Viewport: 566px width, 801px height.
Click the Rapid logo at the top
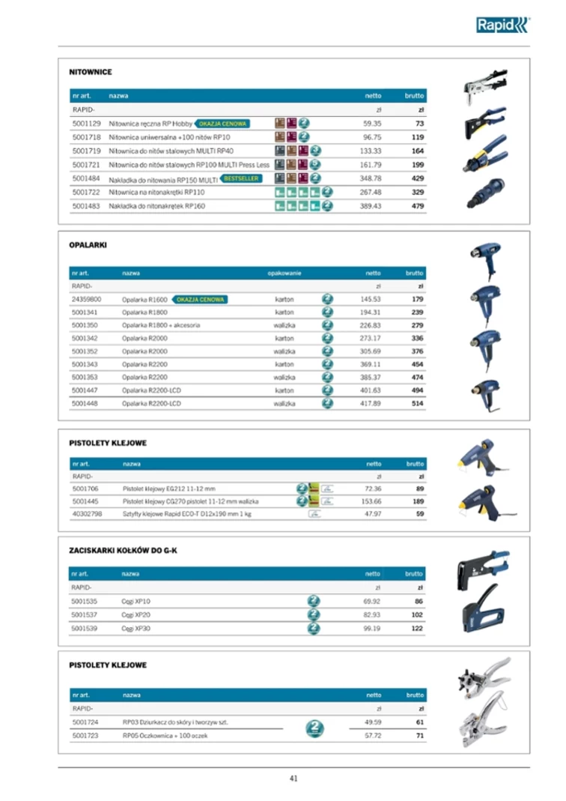tap(502, 25)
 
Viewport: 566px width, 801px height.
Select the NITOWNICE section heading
tap(91, 72)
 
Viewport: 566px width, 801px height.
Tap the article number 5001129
tap(86, 124)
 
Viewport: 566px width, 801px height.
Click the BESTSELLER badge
tap(241, 179)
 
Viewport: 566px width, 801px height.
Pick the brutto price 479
tap(418, 205)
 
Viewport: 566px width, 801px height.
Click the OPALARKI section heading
tap(88, 244)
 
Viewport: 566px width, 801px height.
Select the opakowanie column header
tap(284, 273)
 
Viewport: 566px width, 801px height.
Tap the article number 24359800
tap(87, 299)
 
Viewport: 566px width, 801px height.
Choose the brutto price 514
tap(418, 403)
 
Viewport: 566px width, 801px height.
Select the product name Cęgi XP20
tap(136, 614)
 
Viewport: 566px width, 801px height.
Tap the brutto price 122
tap(418, 628)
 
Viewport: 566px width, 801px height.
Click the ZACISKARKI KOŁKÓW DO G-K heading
tap(123, 550)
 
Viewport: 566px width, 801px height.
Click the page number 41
tap(293, 778)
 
